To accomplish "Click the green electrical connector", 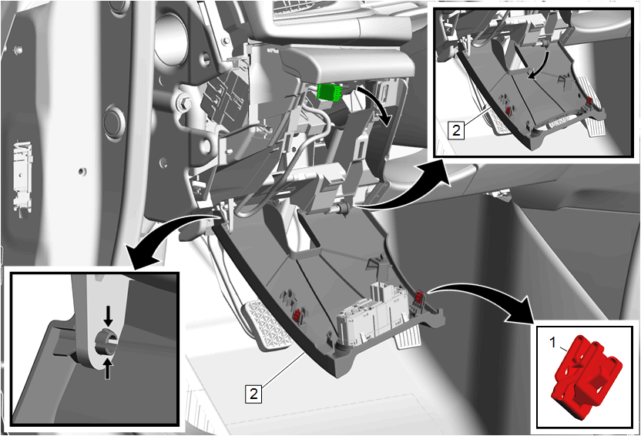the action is click(x=331, y=92).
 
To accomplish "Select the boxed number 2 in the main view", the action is click(x=254, y=394).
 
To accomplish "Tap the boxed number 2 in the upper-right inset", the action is click(x=456, y=130).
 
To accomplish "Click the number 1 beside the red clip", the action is click(x=552, y=343).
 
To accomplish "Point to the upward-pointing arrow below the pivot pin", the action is click(x=107, y=368).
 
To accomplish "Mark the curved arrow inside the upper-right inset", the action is click(x=540, y=65).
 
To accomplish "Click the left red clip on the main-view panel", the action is click(x=297, y=314).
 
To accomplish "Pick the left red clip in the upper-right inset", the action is click(x=509, y=109).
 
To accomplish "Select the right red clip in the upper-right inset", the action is click(x=589, y=100).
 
